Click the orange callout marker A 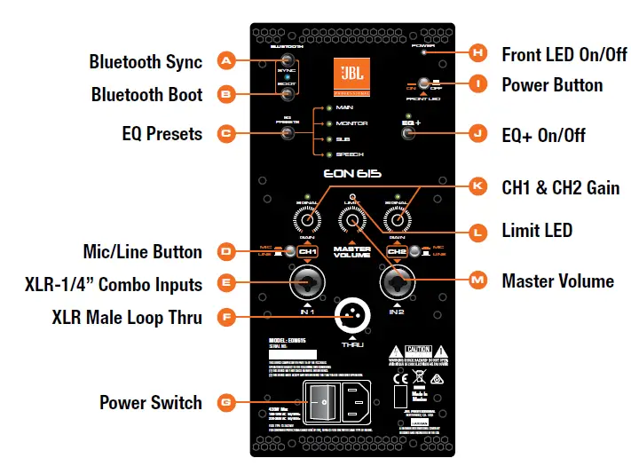[225, 61]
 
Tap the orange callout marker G [225, 402]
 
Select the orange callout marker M [478, 280]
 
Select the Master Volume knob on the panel [352, 221]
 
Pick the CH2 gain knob [398, 218]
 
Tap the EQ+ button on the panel [408, 134]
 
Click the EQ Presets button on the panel [287, 134]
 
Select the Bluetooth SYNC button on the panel [287, 62]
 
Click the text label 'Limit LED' [537, 231]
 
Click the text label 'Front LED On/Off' [564, 53]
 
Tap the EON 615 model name [351, 174]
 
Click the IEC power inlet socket [366, 404]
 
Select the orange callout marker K [478, 187]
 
